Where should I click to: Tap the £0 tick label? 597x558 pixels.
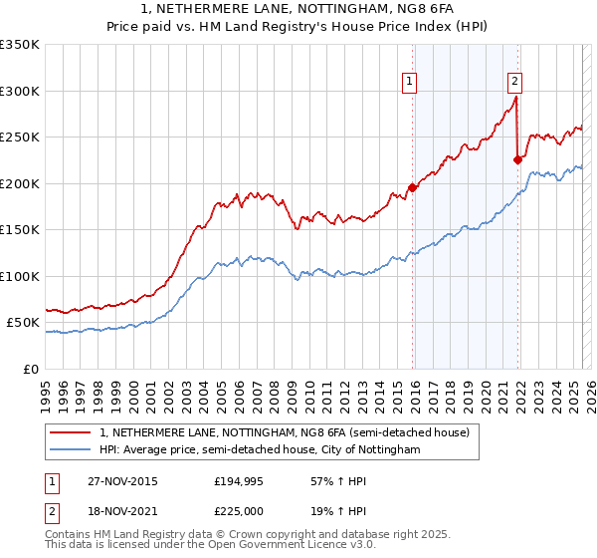click(30, 369)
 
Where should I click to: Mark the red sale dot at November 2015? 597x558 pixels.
click(412, 187)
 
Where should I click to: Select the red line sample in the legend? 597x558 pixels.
click(72, 432)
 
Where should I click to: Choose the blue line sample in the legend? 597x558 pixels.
click(72, 450)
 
